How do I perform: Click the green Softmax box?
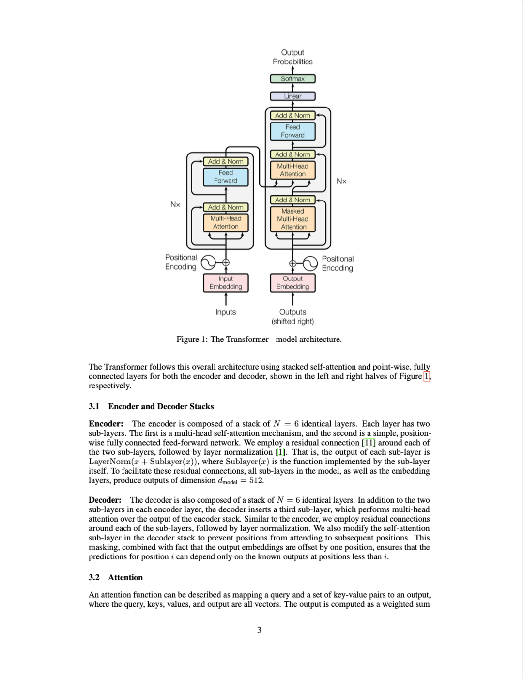tap(292, 78)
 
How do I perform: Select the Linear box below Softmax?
tap(292, 96)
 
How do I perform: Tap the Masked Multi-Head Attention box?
tap(292, 219)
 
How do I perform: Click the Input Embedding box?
tap(226, 282)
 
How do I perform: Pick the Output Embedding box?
tap(292, 282)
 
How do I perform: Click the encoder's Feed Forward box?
tap(226, 177)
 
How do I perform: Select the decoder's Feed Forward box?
tap(292, 131)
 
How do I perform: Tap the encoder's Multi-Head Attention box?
tap(226, 222)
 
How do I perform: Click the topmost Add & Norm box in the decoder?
tap(292, 115)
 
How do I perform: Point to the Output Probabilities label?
tap(292, 57)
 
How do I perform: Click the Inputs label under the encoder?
tap(226, 312)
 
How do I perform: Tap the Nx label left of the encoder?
tap(175, 204)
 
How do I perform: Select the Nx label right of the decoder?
tap(341, 181)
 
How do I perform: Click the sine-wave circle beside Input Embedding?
tap(208, 262)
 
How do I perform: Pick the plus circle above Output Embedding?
tap(292, 263)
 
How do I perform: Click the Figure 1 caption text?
tap(259, 339)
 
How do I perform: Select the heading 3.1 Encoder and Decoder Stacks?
tap(151, 406)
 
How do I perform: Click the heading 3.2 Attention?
tap(116, 577)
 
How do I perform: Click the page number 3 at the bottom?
tap(259, 630)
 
